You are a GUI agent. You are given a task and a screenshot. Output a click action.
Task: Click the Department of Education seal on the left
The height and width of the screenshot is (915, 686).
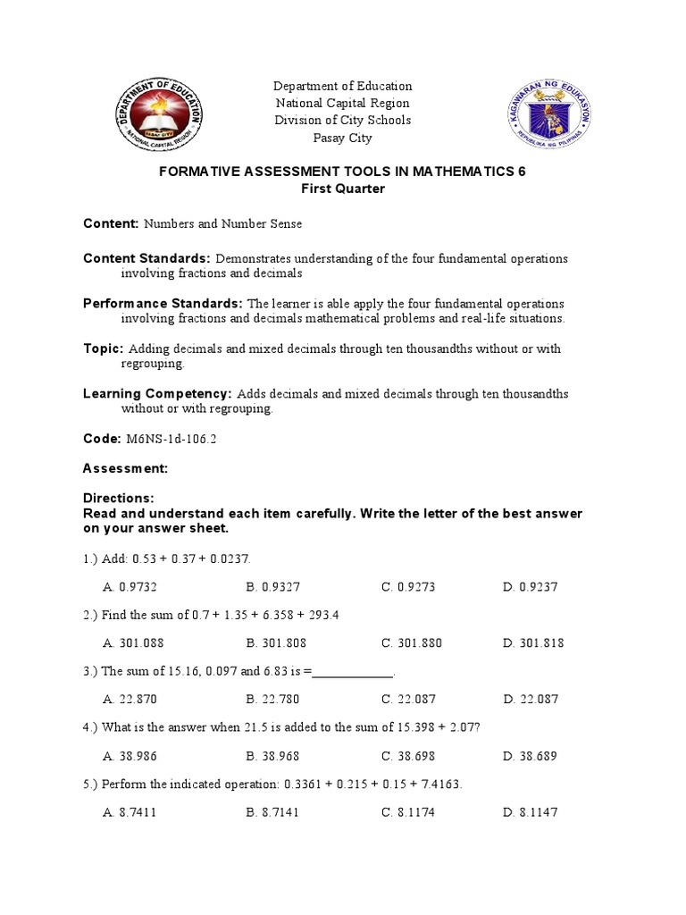point(160,113)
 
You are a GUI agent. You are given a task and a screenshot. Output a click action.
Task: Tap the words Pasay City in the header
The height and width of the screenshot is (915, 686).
point(343,138)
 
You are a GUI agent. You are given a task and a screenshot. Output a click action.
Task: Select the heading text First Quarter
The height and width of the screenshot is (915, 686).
point(343,189)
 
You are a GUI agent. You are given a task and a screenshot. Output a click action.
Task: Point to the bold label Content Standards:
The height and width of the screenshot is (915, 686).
point(147,258)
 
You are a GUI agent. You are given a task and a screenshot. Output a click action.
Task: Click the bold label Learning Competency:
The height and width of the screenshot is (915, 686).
point(157,393)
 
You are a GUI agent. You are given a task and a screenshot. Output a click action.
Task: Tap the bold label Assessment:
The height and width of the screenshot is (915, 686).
point(125,468)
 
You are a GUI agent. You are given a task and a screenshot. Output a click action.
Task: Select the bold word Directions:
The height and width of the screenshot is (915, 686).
point(119,498)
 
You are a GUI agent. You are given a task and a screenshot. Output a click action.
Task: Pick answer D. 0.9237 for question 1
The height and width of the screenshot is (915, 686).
point(530,587)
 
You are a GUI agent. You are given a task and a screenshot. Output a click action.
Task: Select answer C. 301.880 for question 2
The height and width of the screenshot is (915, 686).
point(412,642)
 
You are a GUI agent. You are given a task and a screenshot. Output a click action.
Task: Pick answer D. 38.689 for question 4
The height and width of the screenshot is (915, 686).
point(530,755)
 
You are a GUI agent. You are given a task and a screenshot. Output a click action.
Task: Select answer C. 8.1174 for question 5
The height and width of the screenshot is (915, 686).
point(408,811)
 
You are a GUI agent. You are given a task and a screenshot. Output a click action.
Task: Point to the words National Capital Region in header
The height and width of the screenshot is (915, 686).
point(343,104)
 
